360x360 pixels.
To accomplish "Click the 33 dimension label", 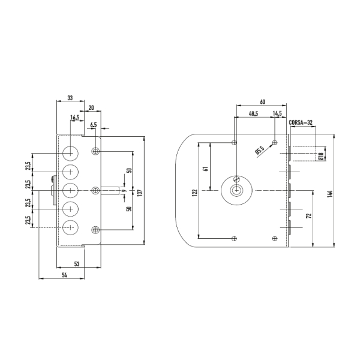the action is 70,98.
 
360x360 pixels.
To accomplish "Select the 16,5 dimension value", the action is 74,118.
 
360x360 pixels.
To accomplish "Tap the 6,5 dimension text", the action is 94,125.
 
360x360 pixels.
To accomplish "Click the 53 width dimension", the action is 77,264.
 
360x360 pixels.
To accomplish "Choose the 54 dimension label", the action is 64,275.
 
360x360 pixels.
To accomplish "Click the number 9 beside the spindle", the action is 125,191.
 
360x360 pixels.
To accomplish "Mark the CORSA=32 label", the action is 301,122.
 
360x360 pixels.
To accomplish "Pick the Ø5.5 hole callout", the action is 260,150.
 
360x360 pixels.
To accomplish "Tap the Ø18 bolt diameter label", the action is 321,156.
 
